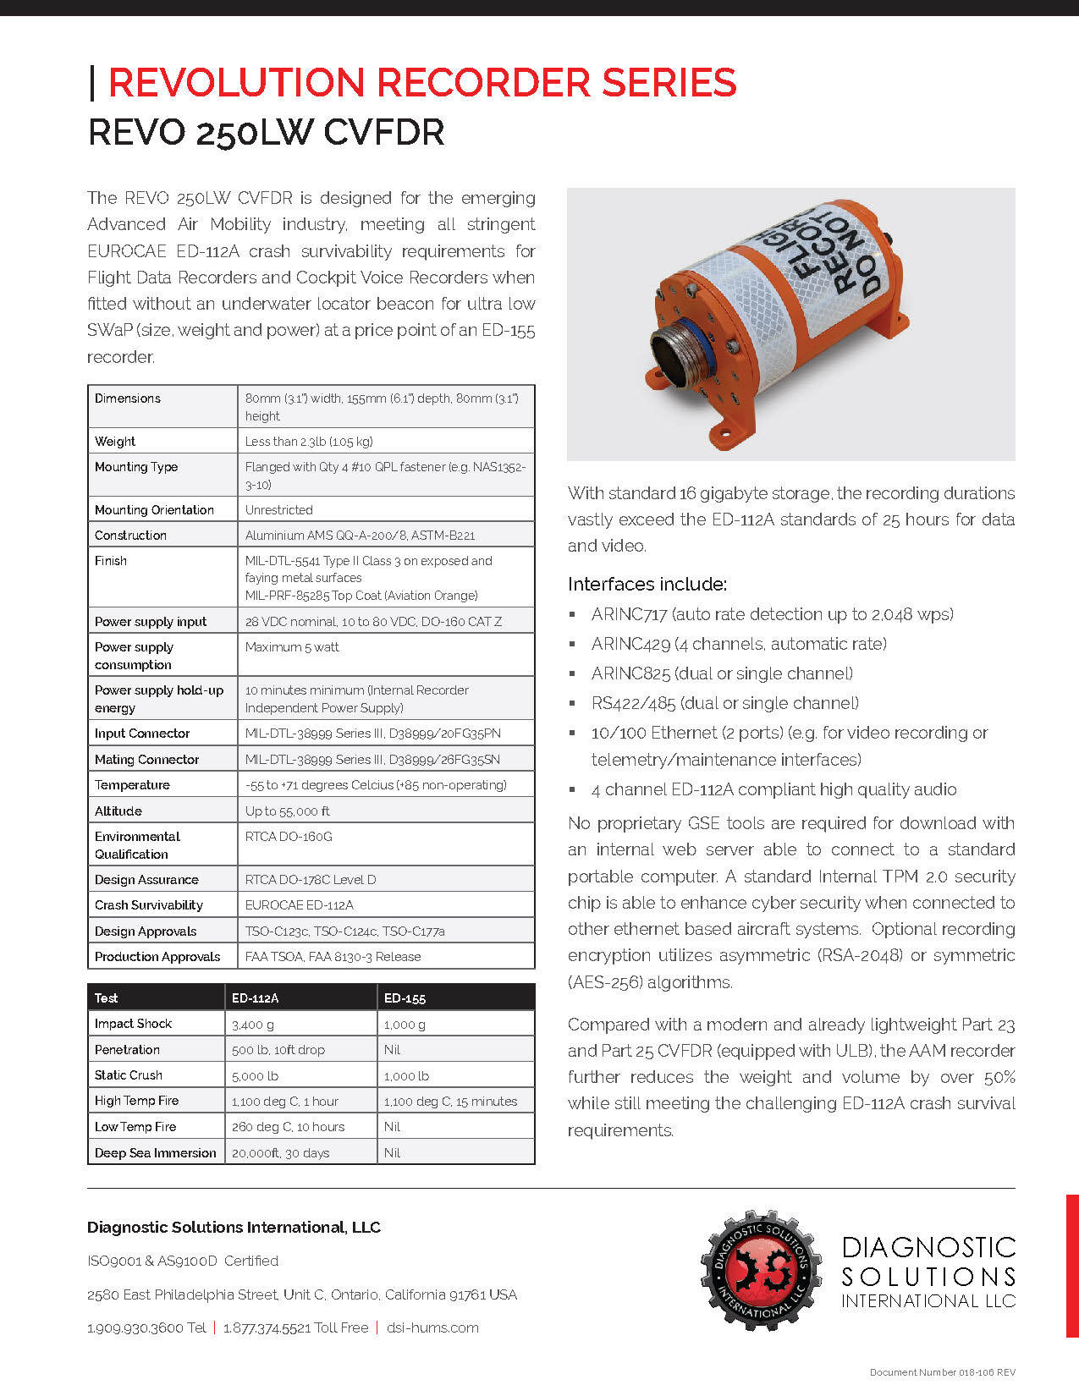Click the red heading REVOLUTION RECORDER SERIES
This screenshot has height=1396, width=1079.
(x=421, y=83)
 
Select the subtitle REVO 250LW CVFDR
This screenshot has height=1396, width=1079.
(x=267, y=133)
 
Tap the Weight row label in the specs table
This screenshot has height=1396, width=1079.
(x=115, y=441)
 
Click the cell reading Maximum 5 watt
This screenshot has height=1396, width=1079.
(x=292, y=647)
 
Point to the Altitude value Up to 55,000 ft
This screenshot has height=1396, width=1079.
(x=288, y=811)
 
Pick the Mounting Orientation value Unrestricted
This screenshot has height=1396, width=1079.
(x=279, y=510)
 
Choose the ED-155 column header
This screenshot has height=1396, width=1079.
(x=405, y=998)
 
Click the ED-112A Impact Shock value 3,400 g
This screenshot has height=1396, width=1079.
(x=253, y=1025)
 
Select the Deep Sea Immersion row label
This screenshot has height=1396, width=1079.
(x=156, y=1152)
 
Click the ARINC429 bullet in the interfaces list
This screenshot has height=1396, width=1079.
(x=739, y=644)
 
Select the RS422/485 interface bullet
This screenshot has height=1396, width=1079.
(x=724, y=703)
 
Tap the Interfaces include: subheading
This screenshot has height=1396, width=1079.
(x=647, y=585)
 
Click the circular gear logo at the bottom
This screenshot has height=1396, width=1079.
(x=760, y=1270)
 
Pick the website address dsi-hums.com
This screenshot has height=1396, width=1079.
(x=432, y=1327)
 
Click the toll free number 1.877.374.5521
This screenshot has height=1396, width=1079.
(x=295, y=1327)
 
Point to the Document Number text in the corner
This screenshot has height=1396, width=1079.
(x=942, y=1372)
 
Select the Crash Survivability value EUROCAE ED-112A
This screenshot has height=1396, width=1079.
(x=300, y=905)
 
